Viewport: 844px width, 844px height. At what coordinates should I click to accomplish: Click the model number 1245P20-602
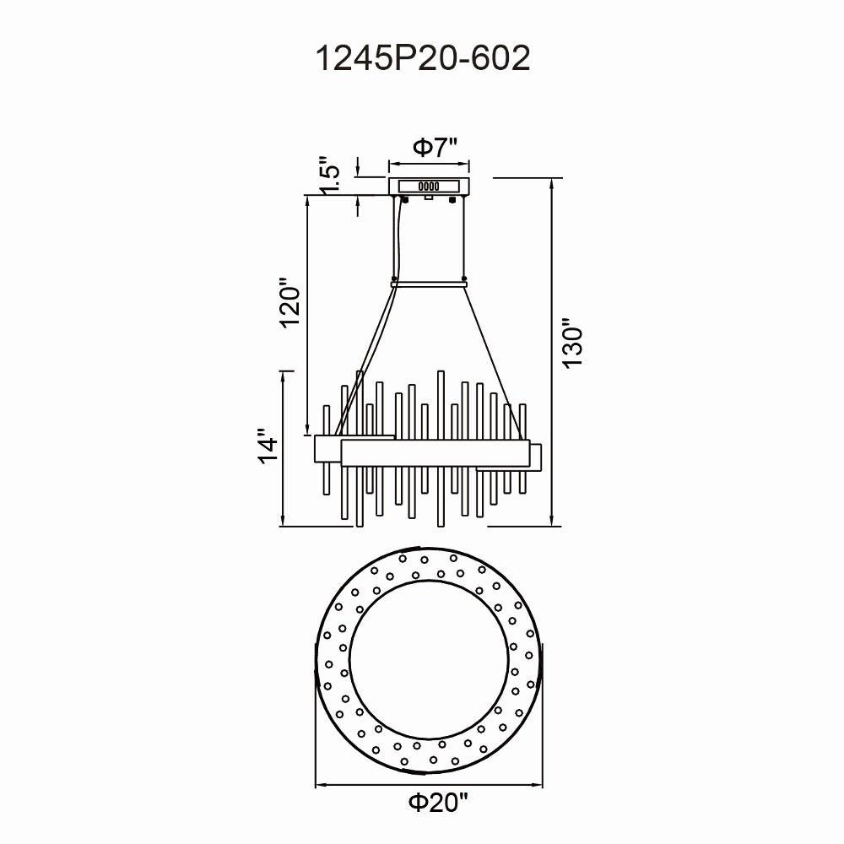[x=423, y=58]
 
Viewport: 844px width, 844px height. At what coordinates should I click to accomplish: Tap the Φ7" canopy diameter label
[x=435, y=147]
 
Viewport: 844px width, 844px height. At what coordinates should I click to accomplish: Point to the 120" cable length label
[x=289, y=303]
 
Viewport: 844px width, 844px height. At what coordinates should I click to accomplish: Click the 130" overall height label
[x=573, y=344]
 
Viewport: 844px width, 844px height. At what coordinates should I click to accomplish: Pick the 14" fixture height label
[x=268, y=446]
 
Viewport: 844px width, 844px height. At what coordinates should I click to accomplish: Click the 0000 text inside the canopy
[x=429, y=187]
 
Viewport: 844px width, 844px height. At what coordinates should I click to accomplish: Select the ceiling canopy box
[x=430, y=186]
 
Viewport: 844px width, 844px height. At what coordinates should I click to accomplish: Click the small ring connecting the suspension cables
[x=430, y=283]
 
